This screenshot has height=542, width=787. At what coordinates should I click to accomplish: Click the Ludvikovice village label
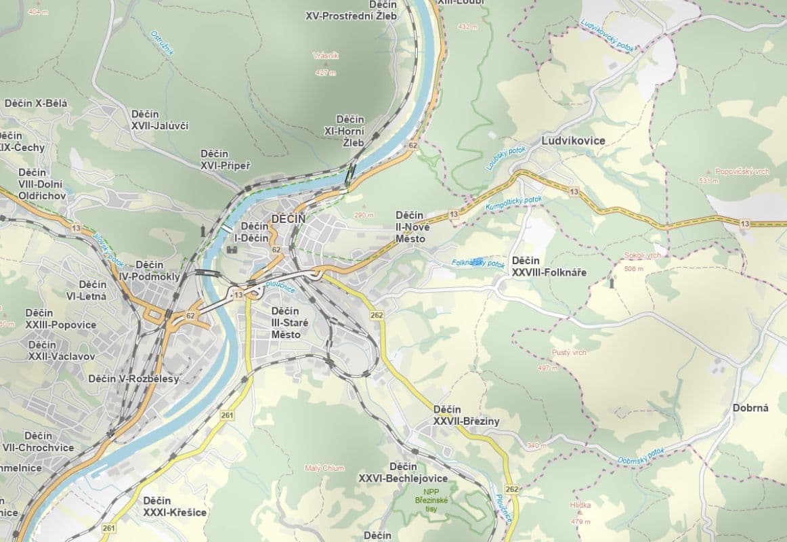pyautogui.click(x=573, y=141)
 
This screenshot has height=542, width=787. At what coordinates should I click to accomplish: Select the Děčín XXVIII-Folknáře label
pyautogui.click(x=549, y=267)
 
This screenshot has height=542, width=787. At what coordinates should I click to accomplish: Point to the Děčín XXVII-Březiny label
pyautogui.click(x=466, y=415)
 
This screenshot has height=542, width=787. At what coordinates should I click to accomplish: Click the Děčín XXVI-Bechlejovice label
pyautogui.click(x=403, y=472)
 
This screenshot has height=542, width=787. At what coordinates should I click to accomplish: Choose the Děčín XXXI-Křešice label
pyautogui.click(x=175, y=507)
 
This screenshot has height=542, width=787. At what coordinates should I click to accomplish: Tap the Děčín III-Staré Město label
pyautogui.click(x=289, y=322)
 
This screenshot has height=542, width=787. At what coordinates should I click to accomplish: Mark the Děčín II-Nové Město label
pyautogui.click(x=410, y=227)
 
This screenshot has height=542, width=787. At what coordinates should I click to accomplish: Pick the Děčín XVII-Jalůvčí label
pyautogui.click(x=160, y=120)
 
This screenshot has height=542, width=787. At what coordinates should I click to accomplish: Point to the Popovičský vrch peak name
pyautogui.click(x=742, y=172)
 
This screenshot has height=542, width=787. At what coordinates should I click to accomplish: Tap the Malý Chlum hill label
pyautogui.click(x=324, y=468)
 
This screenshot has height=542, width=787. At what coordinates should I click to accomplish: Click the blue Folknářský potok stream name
pyautogui.click(x=478, y=263)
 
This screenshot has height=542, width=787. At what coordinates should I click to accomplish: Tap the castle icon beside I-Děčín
pyautogui.click(x=232, y=249)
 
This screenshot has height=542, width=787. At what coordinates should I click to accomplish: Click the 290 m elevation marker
pyautogui.click(x=364, y=215)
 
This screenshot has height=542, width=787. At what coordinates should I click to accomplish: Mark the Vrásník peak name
pyautogui.click(x=324, y=56)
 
